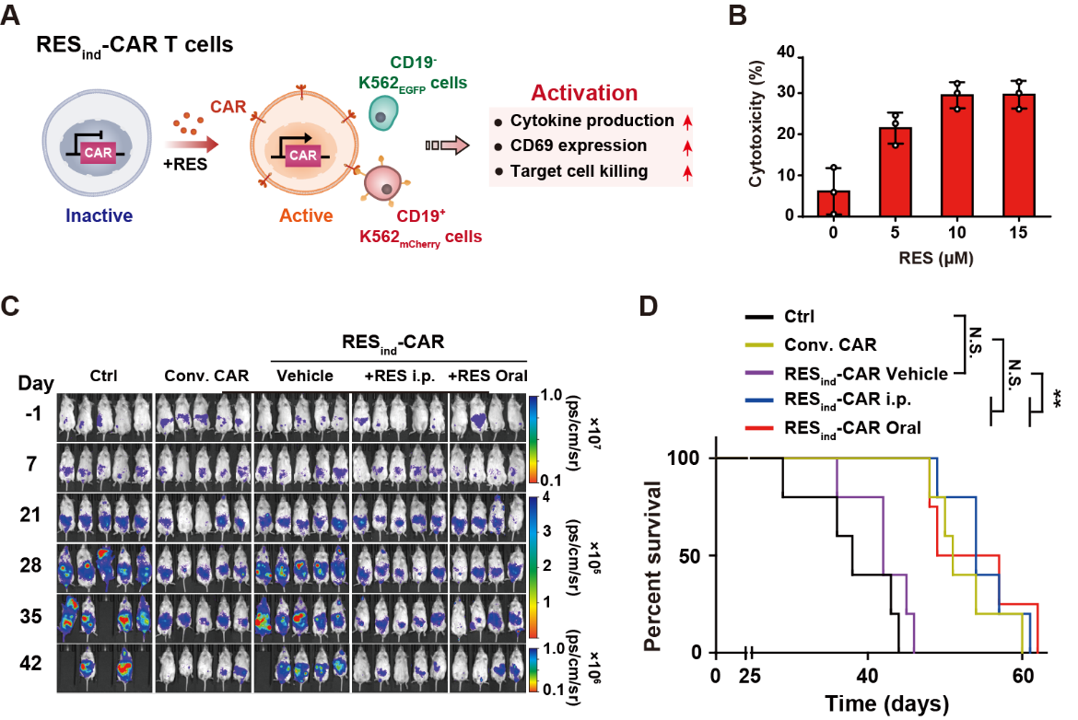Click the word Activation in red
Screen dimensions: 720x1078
pos(584,93)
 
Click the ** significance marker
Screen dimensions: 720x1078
pos(1056,398)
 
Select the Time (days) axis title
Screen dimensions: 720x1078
pos(886,705)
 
